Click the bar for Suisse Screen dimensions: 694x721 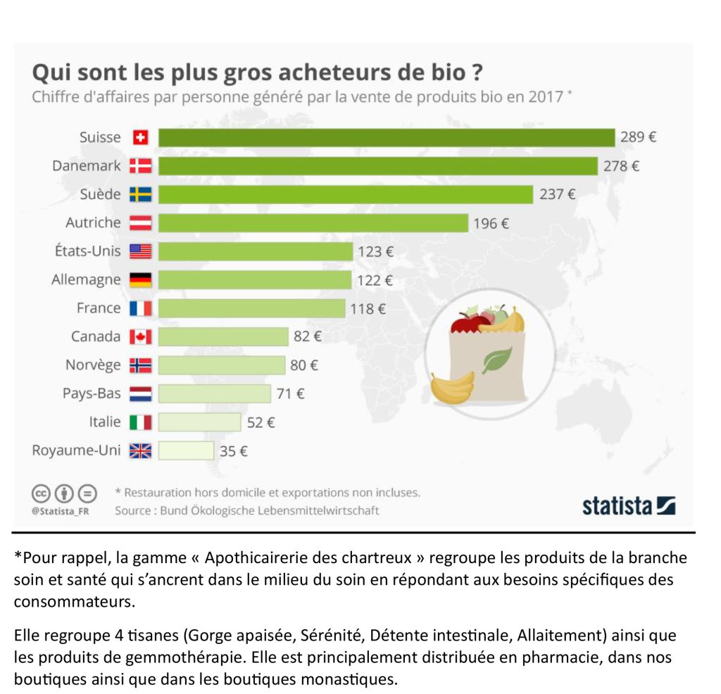(x=387, y=137)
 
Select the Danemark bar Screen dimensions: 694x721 (x=378, y=166)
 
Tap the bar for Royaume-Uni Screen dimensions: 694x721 (x=186, y=450)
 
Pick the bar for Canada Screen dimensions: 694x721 (x=223, y=336)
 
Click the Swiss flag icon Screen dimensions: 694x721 (x=140, y=138)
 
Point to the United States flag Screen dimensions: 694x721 (x=140, y=251)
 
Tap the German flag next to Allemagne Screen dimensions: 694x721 (x=140, y=280)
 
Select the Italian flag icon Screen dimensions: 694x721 (x=140, y=422)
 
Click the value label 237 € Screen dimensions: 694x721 (x=557, y=194)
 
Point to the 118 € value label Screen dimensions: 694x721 (x=368, y=308)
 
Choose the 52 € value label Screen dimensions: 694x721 (x=261, y=422)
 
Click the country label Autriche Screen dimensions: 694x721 (x=93, y=222)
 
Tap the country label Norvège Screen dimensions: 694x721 (x=93, y=365)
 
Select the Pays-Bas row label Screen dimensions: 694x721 (x=92, y=393)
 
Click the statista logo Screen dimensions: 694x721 (x=628, y=505)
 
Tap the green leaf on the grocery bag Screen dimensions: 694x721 (x=496, y=360)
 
